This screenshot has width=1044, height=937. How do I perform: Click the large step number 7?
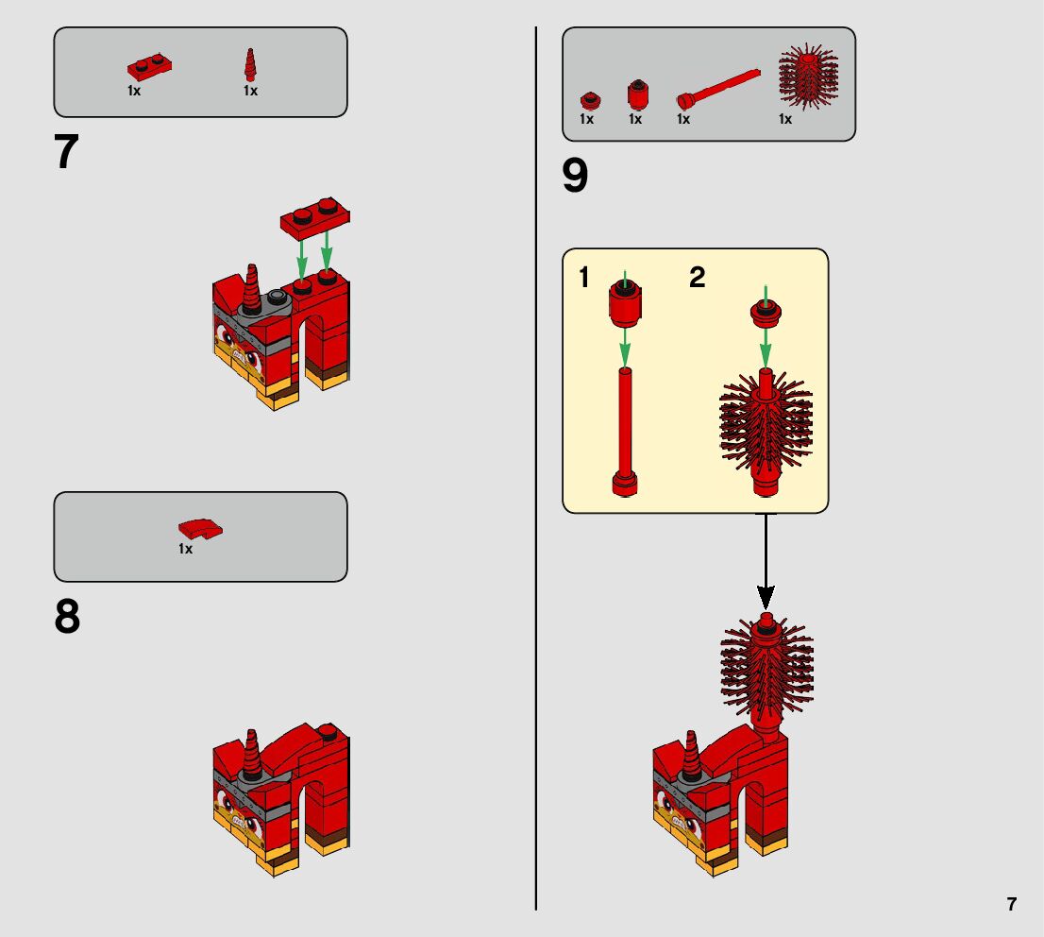(x=66, y=151)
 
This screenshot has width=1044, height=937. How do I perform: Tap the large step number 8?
(x=67, y=616)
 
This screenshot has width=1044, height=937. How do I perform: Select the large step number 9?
(x=575, y=176)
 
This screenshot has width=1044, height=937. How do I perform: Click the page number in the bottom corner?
(x=1011, y=904)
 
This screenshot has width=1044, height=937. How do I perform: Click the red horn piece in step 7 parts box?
(x=250, y=64)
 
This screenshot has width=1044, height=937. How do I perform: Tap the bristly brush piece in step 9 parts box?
(x=808, y=77)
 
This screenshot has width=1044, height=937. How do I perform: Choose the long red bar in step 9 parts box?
(x=717, y=88)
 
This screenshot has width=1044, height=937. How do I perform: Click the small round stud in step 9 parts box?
(x=589, y=101)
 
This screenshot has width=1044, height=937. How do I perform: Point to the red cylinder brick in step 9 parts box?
(x=638, y=94)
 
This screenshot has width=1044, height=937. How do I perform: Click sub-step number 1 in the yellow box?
(x=584, y=278)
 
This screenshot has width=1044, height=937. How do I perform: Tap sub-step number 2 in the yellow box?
(x=698, y=278)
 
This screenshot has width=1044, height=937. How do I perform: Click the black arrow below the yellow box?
(x=766, y=561)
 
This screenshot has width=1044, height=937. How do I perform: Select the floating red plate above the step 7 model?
(x=315, y=217)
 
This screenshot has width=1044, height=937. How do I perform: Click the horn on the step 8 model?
(x=251, y=754)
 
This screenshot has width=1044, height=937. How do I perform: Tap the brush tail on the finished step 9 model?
(x=766, y=674)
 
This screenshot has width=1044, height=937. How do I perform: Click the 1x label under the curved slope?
(x=185, y=549)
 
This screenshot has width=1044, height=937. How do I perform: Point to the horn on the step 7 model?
(x=251, y=289)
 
